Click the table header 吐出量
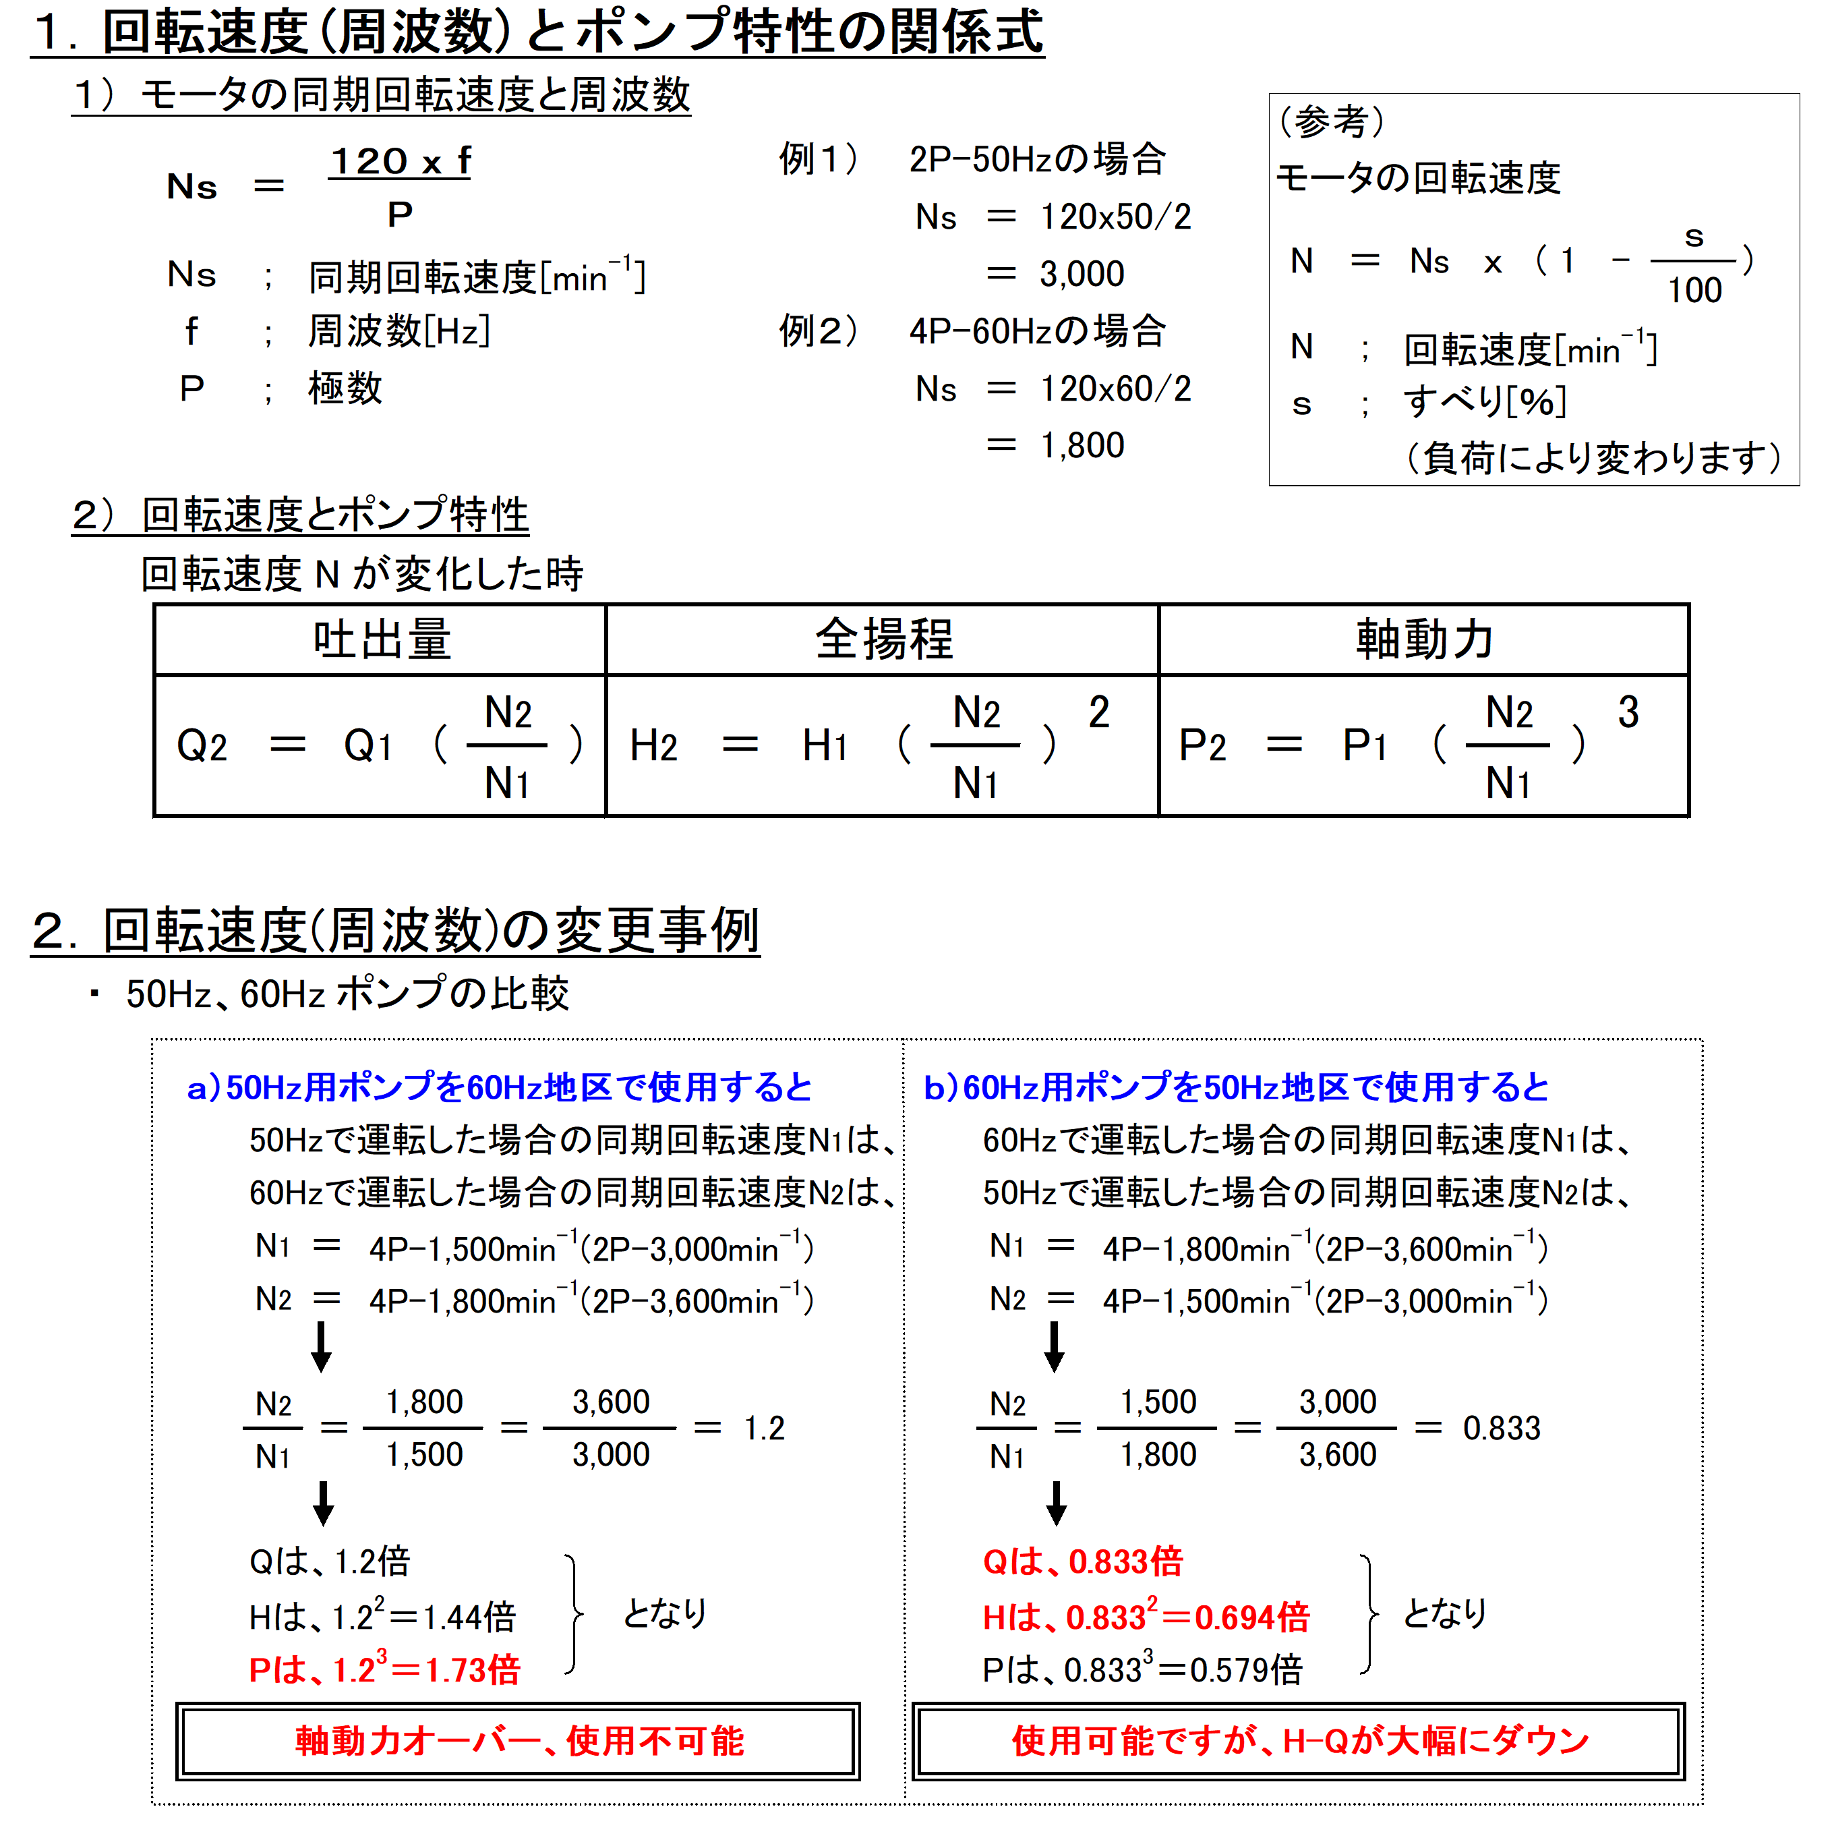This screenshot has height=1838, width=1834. click(382, 639)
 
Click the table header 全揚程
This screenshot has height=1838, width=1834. click(884, 639)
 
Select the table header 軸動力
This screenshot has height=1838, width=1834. click(1424, 639)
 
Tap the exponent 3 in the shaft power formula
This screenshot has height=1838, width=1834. click(1628, 712)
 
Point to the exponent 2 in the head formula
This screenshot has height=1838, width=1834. click(1098, 712)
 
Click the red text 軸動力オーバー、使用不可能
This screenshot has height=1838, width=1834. click(519, 1741)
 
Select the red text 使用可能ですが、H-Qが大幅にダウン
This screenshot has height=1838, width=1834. click(1299, 1741)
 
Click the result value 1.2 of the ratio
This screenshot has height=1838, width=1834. click(764, 1428)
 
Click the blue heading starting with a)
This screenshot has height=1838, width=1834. click(500, 1087)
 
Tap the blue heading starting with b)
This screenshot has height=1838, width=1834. click(1236, 1087)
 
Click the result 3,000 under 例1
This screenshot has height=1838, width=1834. click(1082, 274)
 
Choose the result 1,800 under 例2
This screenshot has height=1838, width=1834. click(1082, 445)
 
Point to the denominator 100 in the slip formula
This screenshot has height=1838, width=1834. click(1694, 290)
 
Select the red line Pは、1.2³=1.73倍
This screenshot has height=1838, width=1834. click(384, 1669)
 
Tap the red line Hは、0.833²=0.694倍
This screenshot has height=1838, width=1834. click(1146, 1616)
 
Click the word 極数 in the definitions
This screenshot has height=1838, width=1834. click(345, 388)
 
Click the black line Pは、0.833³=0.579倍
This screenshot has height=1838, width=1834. click(1142, 1669)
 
